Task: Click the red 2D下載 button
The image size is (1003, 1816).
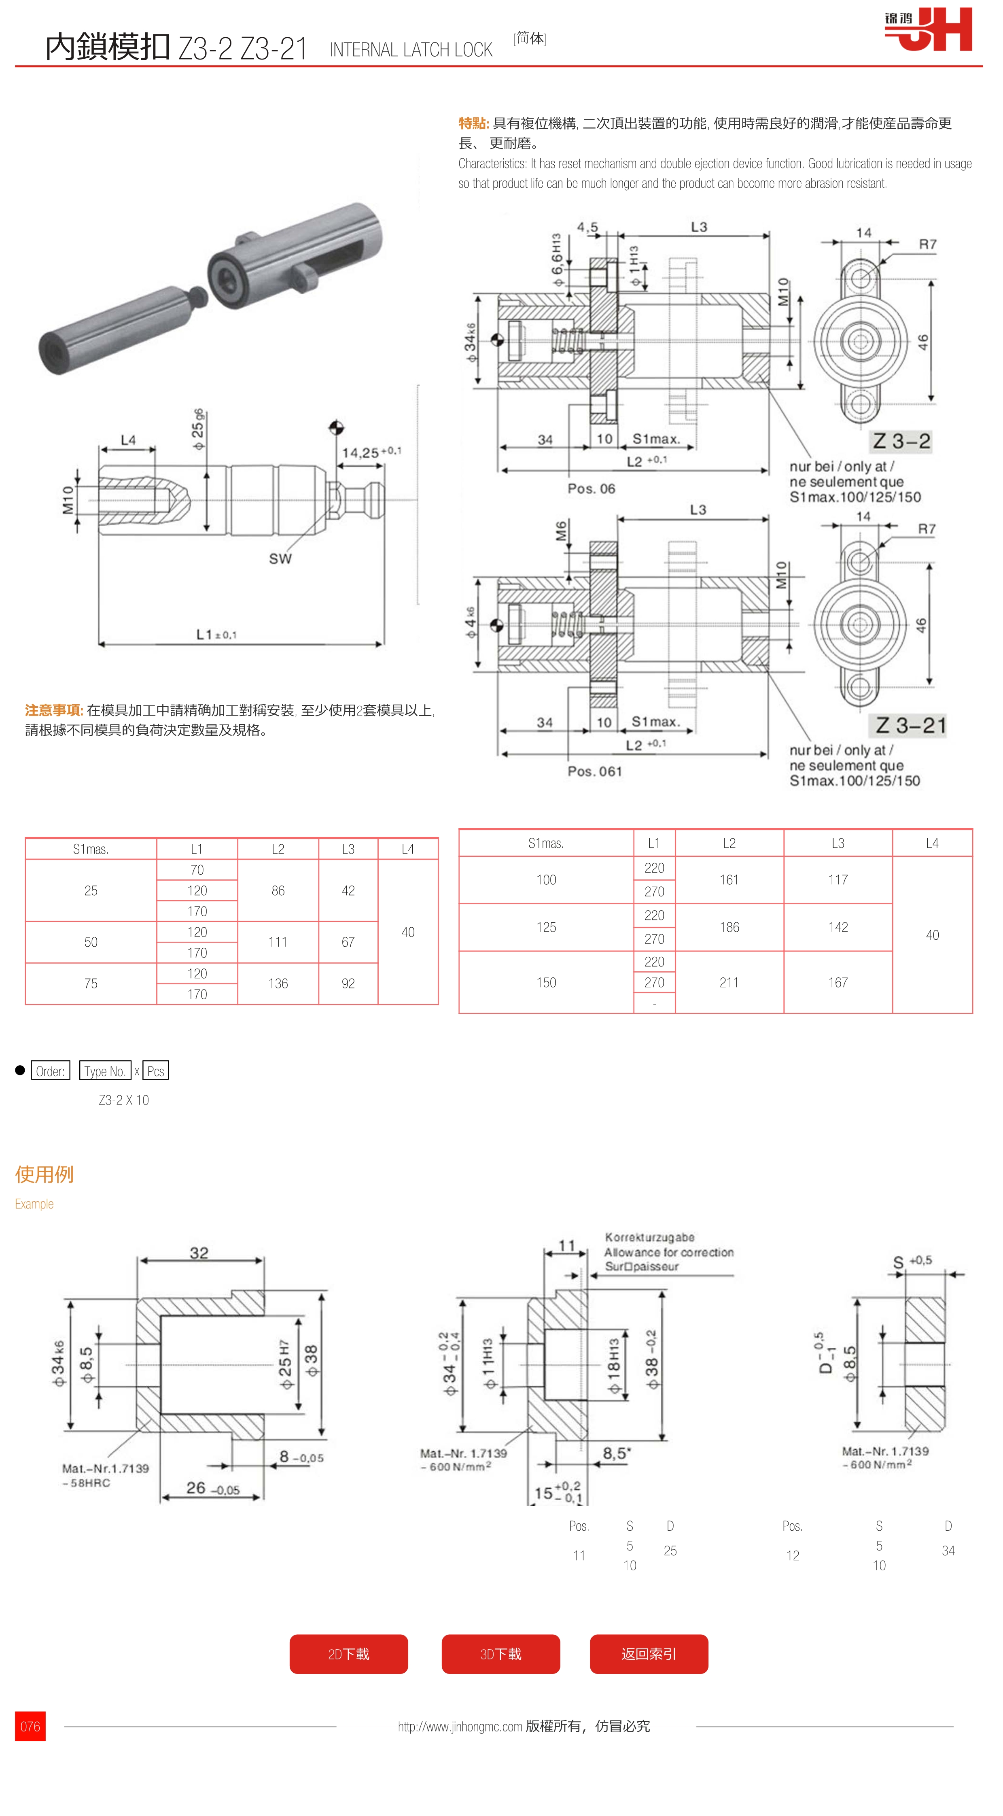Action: pyautogui.click(x=348, y=1653)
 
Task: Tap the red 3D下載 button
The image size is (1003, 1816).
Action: pyautogui.click(x=500, y=1653)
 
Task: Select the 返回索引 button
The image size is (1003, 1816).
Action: pyautogui.click(x=649, y=1653)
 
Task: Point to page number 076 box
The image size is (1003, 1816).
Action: pyautogui.click(x=30, y=1726)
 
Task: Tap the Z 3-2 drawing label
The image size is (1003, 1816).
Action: pyautogui.click(x=901, y=441)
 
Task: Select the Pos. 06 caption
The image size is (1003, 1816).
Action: pyautogui.click(x=592, y=489)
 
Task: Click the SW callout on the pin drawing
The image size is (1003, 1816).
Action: pyautogui.click(x=280, y=559)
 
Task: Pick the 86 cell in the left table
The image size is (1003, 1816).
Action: pyautogui.click(x=278, y=890)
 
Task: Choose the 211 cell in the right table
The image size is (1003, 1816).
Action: pyautogui.click(x=729, y=982)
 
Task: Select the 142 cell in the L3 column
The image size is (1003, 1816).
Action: pyautogui.click(x=838, y=927)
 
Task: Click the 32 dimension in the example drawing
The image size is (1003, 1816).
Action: pyautogui.click(x=199, y=1253)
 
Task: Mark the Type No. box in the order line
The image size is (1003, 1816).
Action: pyautogui.click(x=105, y=1071)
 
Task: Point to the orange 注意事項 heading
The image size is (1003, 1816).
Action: pyautogui.click(x=53, y=710)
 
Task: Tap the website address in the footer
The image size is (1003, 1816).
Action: pyautogui.click(x=460, y=1726)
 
